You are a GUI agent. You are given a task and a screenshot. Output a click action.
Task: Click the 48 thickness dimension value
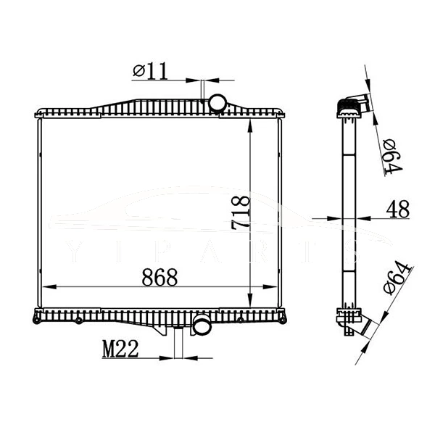(397, 209)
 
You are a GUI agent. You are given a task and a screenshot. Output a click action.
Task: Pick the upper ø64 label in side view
(392, 156)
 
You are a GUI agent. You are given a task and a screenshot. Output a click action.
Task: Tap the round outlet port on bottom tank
(201, 326)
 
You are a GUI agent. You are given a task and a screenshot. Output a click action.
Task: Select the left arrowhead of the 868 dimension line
(44, 288)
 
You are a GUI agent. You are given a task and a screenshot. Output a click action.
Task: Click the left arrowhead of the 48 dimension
(338, 217)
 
